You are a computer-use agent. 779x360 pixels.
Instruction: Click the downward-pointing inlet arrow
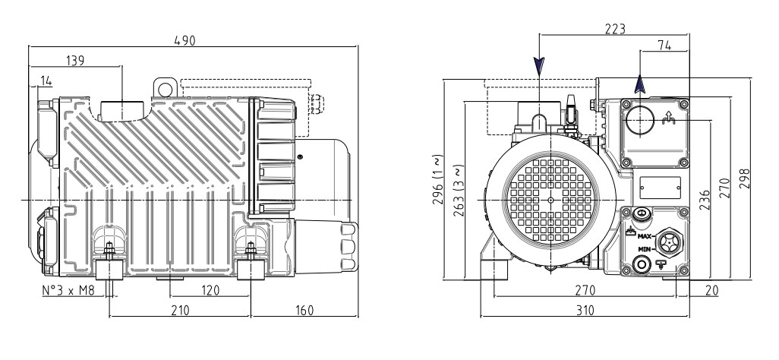[538, 68]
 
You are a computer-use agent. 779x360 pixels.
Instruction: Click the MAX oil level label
[645, 238]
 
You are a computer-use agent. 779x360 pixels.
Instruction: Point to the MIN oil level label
[645, 249]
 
